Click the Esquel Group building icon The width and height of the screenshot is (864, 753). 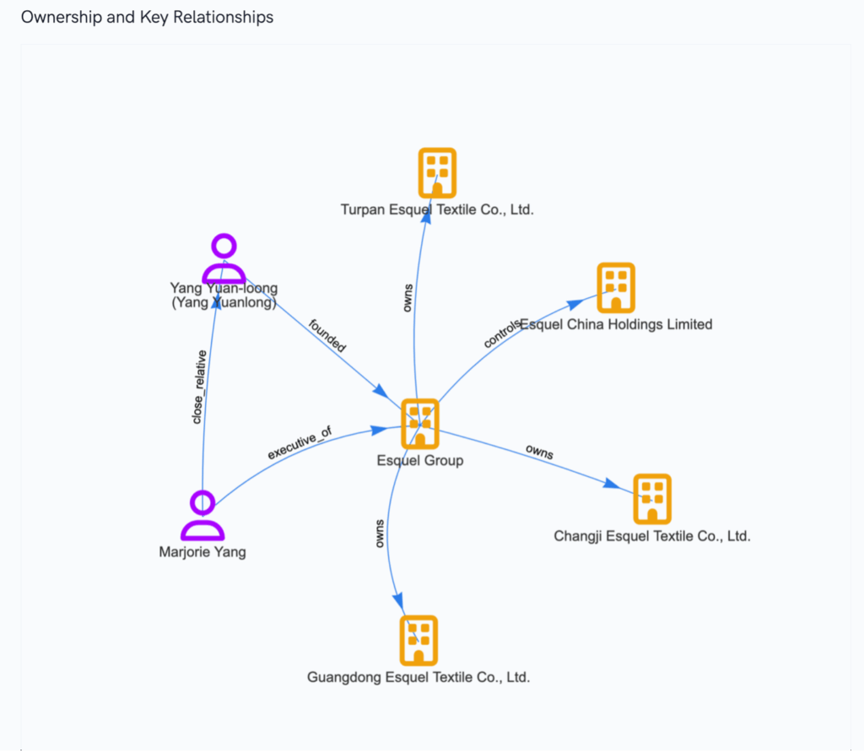pos(419,423)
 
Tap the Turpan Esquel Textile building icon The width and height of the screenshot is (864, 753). pos(437,173)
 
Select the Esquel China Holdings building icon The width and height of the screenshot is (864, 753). pos(616,288)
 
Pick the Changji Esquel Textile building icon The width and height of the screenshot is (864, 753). pos(651,499)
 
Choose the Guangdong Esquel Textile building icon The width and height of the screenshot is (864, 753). pos(418,640)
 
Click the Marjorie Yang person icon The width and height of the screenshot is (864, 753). pos(202,515)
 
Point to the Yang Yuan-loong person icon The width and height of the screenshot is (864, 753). pos(224,259)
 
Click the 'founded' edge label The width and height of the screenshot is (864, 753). pos(327,335)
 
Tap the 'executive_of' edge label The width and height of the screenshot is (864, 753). pos(300,443)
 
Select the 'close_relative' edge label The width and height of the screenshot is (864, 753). pos(199,387)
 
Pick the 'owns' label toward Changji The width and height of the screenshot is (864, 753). pos(539,452)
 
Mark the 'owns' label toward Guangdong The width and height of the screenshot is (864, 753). pos(381,534)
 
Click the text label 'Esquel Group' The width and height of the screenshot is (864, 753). pos(419,461)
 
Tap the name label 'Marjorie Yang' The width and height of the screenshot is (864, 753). pos(202,553)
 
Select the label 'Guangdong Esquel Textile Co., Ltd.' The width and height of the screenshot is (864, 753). pos(418,677)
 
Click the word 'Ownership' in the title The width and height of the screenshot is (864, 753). pos(57,17)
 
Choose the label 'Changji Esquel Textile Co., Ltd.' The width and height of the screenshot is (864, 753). pos(652,536)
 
